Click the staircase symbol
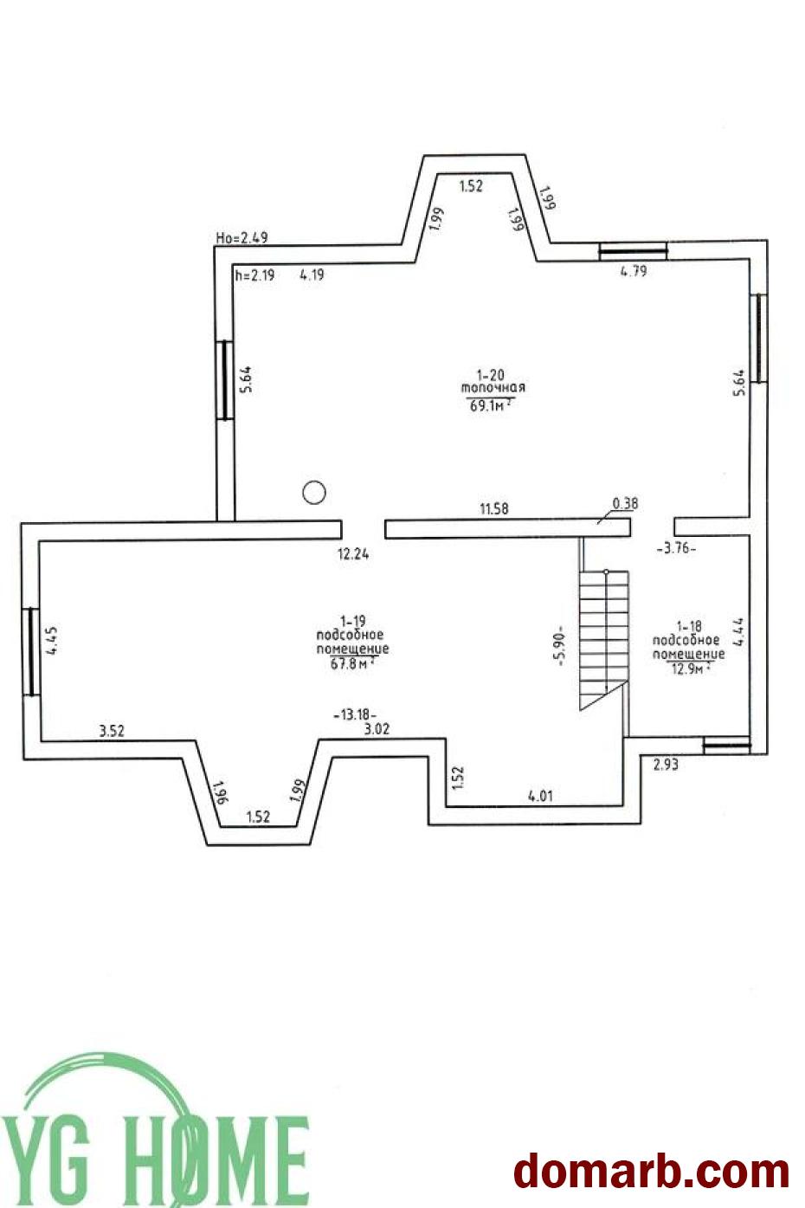(604, 640)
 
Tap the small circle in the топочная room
(314, 492)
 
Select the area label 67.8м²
(352, 663)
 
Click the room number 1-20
(490, 374)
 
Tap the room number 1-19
(352, 621)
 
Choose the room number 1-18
(689, 626)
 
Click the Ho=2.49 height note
(241, 237)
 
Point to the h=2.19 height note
(255, 275)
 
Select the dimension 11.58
(494, 508)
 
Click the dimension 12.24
(353, 554)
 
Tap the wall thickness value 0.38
(625, 504)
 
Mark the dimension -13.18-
(355, 714)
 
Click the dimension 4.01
(540, 796)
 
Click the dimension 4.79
(634, 271)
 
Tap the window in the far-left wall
(31, 651)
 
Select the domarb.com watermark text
(651, 1170)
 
